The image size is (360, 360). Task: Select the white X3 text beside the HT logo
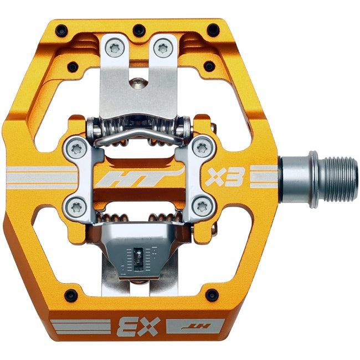[218, 178]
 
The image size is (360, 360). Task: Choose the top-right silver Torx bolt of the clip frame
[203, 147]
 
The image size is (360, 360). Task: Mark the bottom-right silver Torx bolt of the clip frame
[202, 207]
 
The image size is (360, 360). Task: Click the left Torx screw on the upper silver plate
[115, 48]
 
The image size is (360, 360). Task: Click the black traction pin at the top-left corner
[62, 29]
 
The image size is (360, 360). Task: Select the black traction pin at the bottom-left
[70, 294]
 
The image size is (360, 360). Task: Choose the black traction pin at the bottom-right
[211, 294]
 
